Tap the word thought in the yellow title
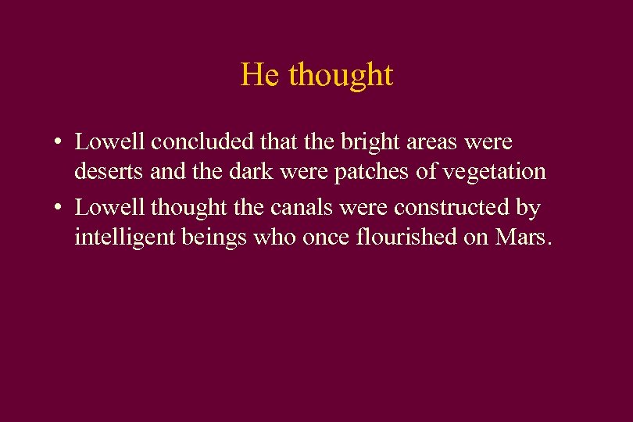341,75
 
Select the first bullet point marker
59,143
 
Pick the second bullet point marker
59,209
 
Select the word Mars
523,237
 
